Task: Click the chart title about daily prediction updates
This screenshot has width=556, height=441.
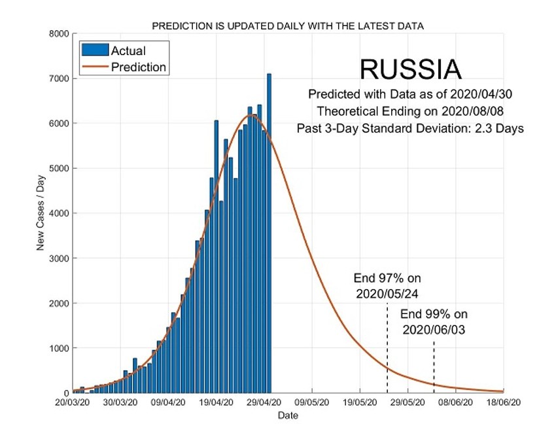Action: coord(288,26)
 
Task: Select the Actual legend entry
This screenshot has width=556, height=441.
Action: coord(128,50)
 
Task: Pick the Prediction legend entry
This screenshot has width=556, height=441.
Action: coord(138,67)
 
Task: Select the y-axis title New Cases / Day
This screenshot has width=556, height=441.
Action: coord(41,213)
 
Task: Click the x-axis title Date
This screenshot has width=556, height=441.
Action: coord(288,415)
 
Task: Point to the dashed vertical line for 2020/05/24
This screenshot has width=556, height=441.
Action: coord(387,347)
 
